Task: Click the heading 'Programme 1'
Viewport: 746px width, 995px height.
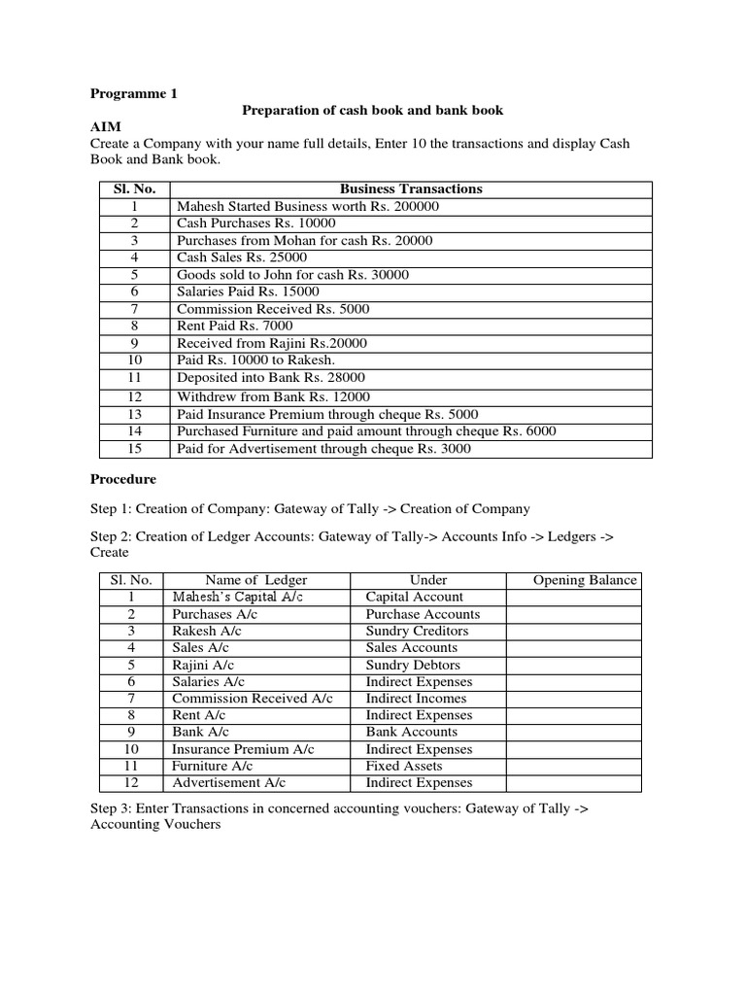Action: click(x=134, y=94)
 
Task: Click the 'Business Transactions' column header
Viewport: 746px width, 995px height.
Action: click(x=411, y=189)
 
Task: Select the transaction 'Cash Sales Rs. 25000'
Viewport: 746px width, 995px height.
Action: click(x=242, y=257)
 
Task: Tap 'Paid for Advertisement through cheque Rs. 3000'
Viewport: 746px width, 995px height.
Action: click(x=323, y=448)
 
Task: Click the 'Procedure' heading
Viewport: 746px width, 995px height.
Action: click(x=122, y=479)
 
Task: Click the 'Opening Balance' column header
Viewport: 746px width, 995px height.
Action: click(x=586, y=580)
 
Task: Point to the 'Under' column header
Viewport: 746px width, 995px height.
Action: click(x=428, y=580)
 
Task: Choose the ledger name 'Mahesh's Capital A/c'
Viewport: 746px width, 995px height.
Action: click(x=238, y=597)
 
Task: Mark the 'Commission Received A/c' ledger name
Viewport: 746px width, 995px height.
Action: click(x=253, y=699)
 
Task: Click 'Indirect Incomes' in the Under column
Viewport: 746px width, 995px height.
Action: click(x=416, y=699)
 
